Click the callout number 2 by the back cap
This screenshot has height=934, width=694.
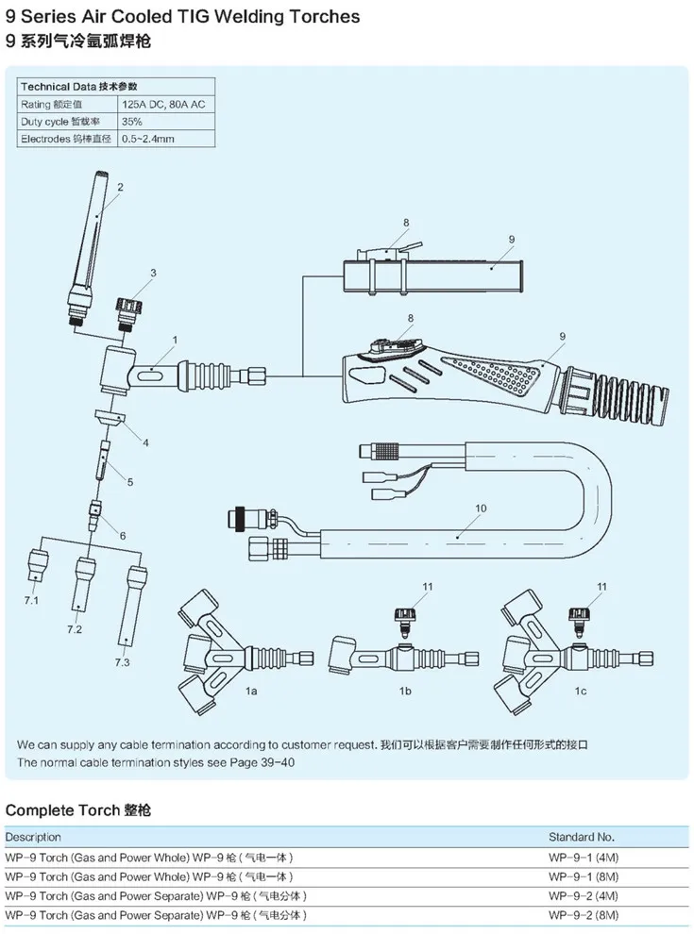(x=120, y=187)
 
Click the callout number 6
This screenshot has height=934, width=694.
(x=123, y=536)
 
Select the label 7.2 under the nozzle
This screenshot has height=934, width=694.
(x=76, y=628)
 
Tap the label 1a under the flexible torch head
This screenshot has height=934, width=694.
(x=251, y=692)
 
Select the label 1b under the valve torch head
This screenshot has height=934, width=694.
(x=406, y=692)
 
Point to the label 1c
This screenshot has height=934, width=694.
(x=579, y=692)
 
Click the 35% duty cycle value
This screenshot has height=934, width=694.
(x=131, y=122)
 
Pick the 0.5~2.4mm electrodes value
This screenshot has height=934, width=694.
(x=147, y=139)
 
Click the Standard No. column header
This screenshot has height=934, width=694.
(x=582, y=837)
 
